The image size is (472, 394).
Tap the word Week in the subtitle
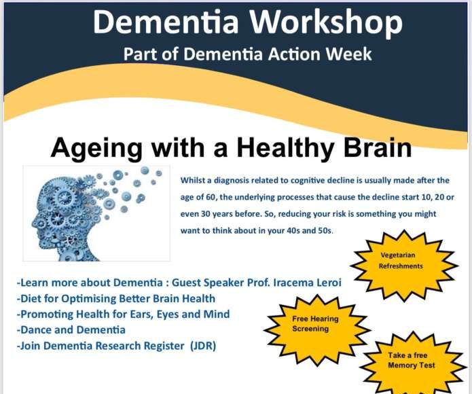point(349,54)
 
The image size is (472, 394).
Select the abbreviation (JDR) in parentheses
point(203,346)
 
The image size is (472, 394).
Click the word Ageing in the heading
point(96,148)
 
